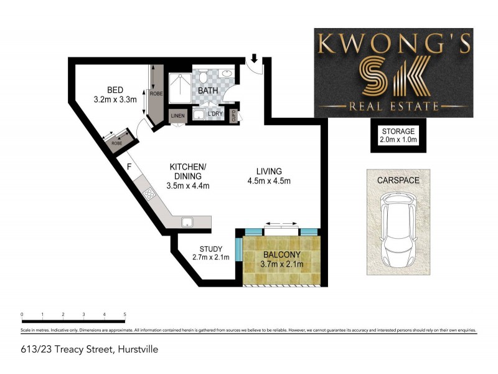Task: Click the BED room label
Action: (x=115, y=90)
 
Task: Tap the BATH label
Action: (x=208, y=91)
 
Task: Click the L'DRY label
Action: (x=215, y=115)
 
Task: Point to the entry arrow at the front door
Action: (x=254, y=59)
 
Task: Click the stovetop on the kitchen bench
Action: (x=150, y=194)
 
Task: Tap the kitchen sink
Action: (x=186, y=221)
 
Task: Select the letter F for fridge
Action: (x=129, y=167)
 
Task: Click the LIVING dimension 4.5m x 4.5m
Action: (x=269, y=181)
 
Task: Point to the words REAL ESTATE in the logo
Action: (x=393, y=107)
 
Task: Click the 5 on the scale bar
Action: (x=125, y=314)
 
